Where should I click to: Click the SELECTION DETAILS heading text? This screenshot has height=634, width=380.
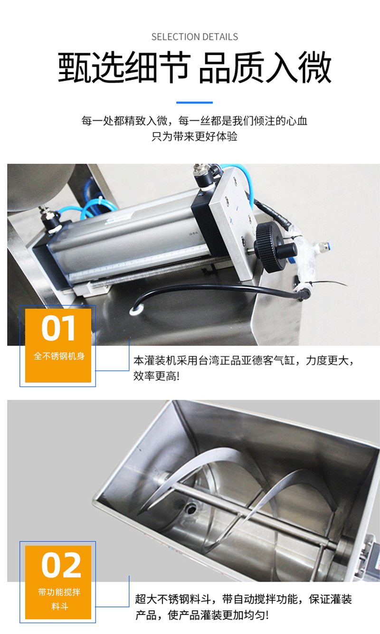click(x=194, y=37)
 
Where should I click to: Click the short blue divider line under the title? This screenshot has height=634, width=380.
click(x=194, y=102)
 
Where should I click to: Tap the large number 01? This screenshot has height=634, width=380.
click(x=58, y=328)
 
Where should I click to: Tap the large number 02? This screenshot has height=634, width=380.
click(x=58, y=565)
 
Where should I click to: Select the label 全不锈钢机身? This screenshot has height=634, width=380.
click(x=58, y=356)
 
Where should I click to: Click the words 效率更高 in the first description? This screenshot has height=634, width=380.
click(x=154, y=377)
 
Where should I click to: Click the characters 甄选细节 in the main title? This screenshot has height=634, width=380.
click(x=124, y=68)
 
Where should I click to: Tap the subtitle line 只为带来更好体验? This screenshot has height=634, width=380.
click(x=194, y=137)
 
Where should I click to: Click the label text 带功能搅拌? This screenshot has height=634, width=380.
click(x=58, y=592)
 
